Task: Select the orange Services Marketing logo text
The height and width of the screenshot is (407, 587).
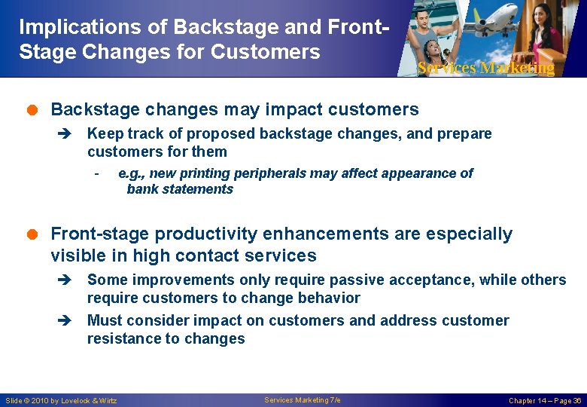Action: [x=485, y=68]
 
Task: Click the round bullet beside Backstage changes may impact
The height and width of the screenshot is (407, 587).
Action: [x=38, y=110]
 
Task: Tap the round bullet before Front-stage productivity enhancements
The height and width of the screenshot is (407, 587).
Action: [x=38, y=235]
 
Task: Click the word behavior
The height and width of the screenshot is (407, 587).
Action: [x=327, y=298]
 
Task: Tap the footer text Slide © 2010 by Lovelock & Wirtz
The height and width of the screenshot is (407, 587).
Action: [x=61, y=400]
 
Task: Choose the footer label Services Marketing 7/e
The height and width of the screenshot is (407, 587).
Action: [x=303, y=399]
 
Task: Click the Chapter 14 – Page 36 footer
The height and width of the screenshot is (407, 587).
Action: [x=545, y=400]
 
